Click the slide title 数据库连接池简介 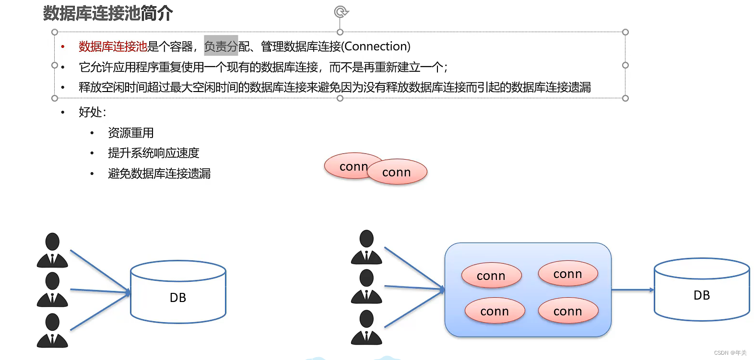coord(108,13)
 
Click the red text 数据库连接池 coord(113,46)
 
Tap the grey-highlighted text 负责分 coord(221,46)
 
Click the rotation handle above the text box coord(341,12)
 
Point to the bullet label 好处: coord(92,112)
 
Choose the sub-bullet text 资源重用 coord(130,133)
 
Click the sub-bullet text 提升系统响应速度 coord(153,153)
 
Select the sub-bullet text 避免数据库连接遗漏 coord(159,174)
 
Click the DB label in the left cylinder coord(178,298)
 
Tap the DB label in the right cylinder coord(701,295)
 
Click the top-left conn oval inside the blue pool coord(491,276)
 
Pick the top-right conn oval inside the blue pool coord(568,274)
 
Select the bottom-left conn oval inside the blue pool coord(495,311)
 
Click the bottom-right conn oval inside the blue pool coord(568,311)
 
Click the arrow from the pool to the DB coord(632,290)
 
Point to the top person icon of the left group coord(52,250)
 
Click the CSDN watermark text coord(730,353)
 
